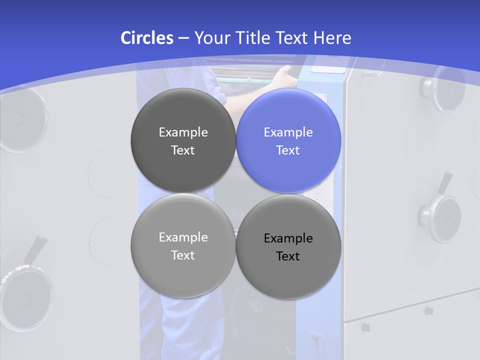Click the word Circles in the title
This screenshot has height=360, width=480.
coord(146,38)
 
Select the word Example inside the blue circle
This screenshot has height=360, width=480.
coord(288,132)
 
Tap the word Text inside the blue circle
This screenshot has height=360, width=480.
coord(288,150)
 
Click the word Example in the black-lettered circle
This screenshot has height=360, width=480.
coord(288,238)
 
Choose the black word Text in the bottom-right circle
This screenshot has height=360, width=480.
coord(288,256)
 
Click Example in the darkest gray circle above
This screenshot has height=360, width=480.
coord(183,132)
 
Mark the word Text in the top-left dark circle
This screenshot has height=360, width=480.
coord(183,150)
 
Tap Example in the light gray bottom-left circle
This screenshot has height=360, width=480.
coord(183,237)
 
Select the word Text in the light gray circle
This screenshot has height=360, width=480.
coord(183,255)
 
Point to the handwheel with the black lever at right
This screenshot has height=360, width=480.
coord(440,217)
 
